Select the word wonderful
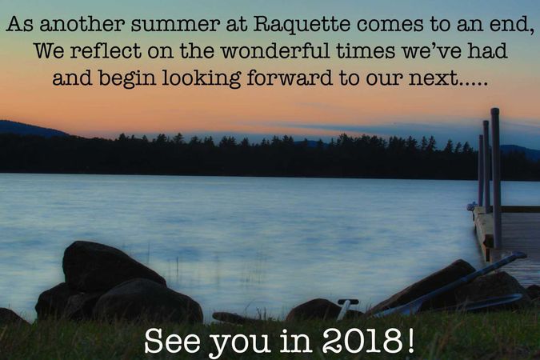275,50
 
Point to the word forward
290,78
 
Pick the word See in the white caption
172,341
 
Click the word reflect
106,50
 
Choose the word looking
202,78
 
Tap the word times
366,50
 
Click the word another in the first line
82,24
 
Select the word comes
390,25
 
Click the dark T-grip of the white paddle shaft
348,302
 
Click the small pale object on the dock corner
471,206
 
